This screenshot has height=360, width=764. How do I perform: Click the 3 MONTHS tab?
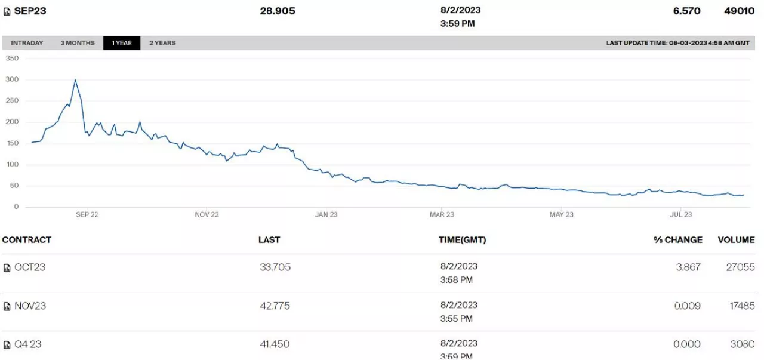click(x=78, y=43)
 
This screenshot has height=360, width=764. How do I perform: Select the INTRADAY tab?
click(x=27, y=43)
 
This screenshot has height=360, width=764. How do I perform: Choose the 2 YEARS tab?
click(x=162, y=43)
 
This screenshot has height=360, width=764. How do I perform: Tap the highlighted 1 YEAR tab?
click(x=122, y=43)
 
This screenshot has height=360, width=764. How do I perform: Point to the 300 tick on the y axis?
click(x=13, y=79)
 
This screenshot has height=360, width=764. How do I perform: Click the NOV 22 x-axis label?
click(x=207, y=215)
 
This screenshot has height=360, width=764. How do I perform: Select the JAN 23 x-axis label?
click(x=325, y=215)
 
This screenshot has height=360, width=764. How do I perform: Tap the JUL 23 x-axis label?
click(x=681, y=215)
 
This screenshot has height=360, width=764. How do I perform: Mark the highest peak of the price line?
click(x=75, y=80)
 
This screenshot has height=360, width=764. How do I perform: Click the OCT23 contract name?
click(x=30, y=267)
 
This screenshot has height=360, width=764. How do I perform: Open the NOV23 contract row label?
click(x=30, y=306)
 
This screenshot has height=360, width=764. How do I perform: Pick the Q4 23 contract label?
click(x=28, y=344)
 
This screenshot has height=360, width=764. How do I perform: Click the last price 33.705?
click(x=275, y=267)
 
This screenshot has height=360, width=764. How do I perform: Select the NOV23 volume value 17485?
click(x=740, y=306)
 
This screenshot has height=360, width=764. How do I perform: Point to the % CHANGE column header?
click(x=677, y=240)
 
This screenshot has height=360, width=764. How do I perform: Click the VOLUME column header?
click(x=736, y=240)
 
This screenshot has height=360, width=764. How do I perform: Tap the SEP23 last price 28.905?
click(x=278, y=11)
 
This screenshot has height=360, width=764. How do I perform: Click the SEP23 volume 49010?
click(x=740, y=11)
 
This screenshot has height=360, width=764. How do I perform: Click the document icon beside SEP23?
click(x=7, y=11)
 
